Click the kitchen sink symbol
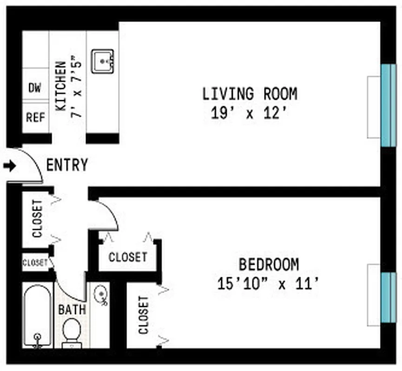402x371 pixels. click(x=103, y=62)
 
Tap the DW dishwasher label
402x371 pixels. click(x=35, y=88)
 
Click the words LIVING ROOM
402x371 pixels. click(x=250, y=94)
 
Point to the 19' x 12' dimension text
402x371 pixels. click(x=247, y=114)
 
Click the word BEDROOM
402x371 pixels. click(x=269, y=265)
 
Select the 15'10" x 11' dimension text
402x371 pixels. click(x=268, y=283)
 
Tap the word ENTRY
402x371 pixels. click(x=67, y=165)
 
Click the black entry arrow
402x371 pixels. click(x=9, y=166)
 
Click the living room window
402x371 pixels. click(x=388, y=105)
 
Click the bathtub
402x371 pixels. click(x=37, y=315)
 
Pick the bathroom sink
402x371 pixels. click(x=101, y=295)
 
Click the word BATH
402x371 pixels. click(x=72, y=309)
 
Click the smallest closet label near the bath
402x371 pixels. click(x=35, y=263)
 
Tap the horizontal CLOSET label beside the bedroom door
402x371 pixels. click(x=128, y=257)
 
